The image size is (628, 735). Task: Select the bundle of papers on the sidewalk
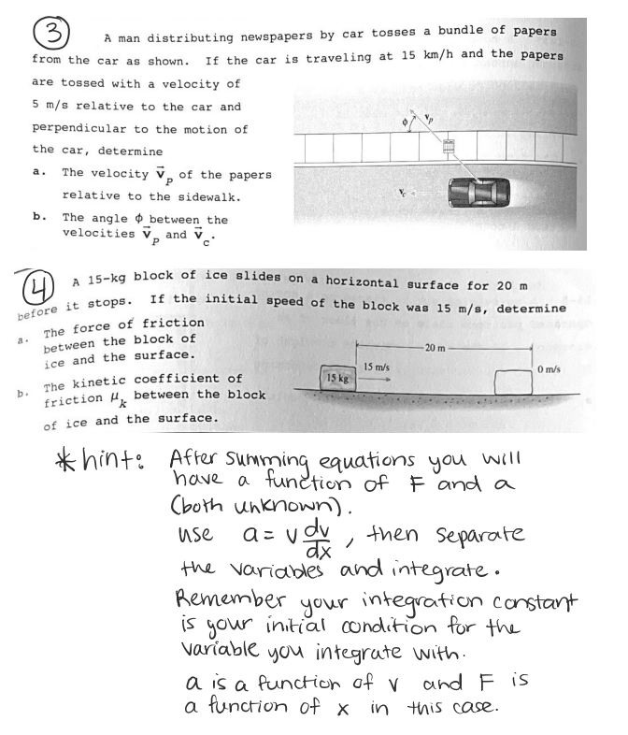pyautogui.click(x=450, y=147)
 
